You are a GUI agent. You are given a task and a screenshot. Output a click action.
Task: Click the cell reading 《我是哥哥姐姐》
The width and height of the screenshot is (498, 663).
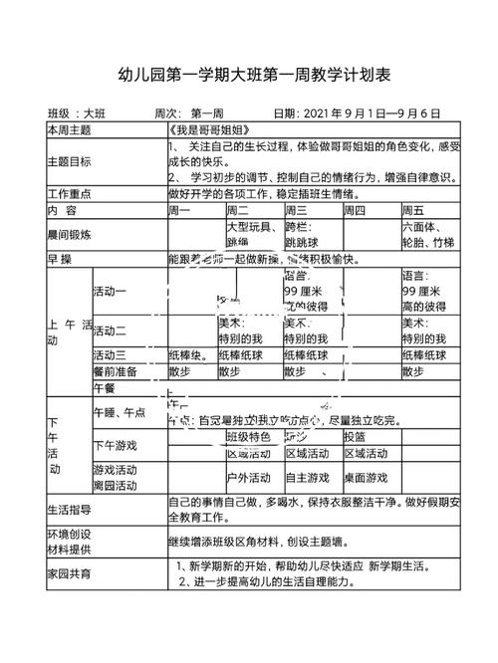tap(202, 130)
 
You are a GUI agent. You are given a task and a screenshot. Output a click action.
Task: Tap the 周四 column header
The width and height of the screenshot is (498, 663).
tap(355, 210)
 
